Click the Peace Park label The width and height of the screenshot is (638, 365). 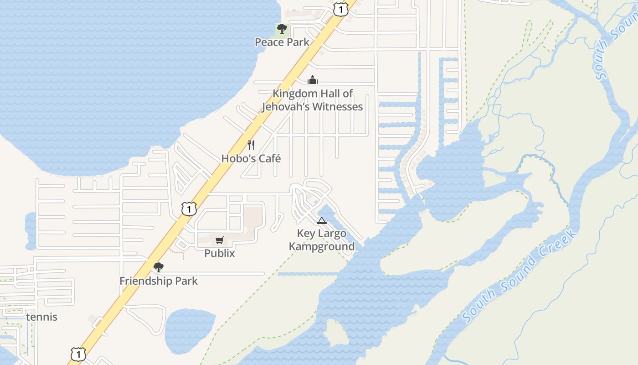[282, 42]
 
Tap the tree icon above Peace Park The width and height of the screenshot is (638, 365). [282, 29]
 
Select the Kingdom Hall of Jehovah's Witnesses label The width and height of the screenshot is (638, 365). [312, 100]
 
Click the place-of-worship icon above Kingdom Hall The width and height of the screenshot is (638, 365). [312, 80]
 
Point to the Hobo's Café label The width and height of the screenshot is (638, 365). [251, 159]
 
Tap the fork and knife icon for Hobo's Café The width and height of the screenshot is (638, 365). [251, 145]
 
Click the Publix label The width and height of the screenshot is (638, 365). [220, 253]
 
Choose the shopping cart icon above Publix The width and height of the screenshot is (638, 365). [220, 240]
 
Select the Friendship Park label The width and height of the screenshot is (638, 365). [159, 281]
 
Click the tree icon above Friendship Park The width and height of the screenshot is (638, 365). [159, 267]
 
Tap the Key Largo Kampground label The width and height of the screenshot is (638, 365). [322, 240]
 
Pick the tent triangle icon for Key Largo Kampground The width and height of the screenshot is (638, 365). [322, 221]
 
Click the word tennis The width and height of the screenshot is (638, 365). [42, 317]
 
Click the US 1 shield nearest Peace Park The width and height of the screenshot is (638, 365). [340, 8]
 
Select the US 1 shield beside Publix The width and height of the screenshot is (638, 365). [189, 209]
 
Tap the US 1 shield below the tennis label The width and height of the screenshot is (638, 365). [78, 354]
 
